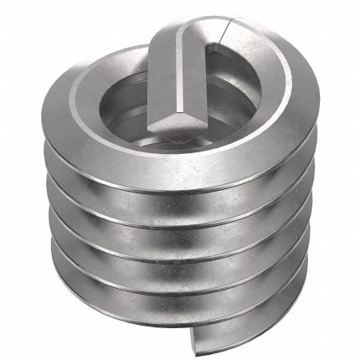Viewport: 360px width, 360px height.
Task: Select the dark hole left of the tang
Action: [x=126, y=100]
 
